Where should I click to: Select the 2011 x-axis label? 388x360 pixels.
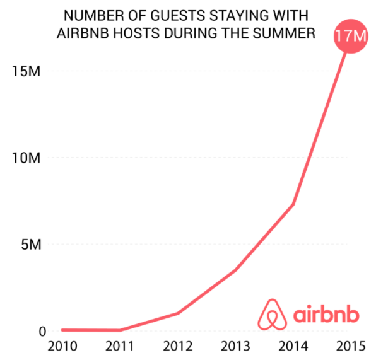[x=120, y=347]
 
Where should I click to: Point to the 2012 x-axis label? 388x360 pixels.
[x=177, y=347]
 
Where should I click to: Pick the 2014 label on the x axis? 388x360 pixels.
[x=293, y=347]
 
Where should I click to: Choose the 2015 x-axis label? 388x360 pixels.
[x=350, y=347]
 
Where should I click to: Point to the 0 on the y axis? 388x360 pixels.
[x=42, y=331]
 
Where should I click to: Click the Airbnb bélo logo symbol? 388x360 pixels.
[x=273, y=313]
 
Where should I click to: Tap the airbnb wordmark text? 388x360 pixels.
[x=327, y=313]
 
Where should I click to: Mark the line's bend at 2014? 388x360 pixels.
[x=293, y=204]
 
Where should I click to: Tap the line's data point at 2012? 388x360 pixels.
[x=177, y=313]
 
